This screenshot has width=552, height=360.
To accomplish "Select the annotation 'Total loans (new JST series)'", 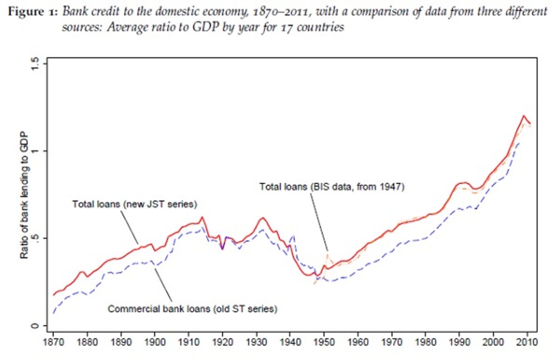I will [x=135, y=204].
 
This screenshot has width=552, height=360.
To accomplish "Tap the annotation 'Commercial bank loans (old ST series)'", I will [x=192, y=309].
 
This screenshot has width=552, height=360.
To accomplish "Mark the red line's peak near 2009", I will [x=524, y=116].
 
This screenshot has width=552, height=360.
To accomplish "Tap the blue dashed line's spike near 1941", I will [x=294, y=235].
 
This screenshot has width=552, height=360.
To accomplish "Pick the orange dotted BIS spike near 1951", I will [x=328, y=255].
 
